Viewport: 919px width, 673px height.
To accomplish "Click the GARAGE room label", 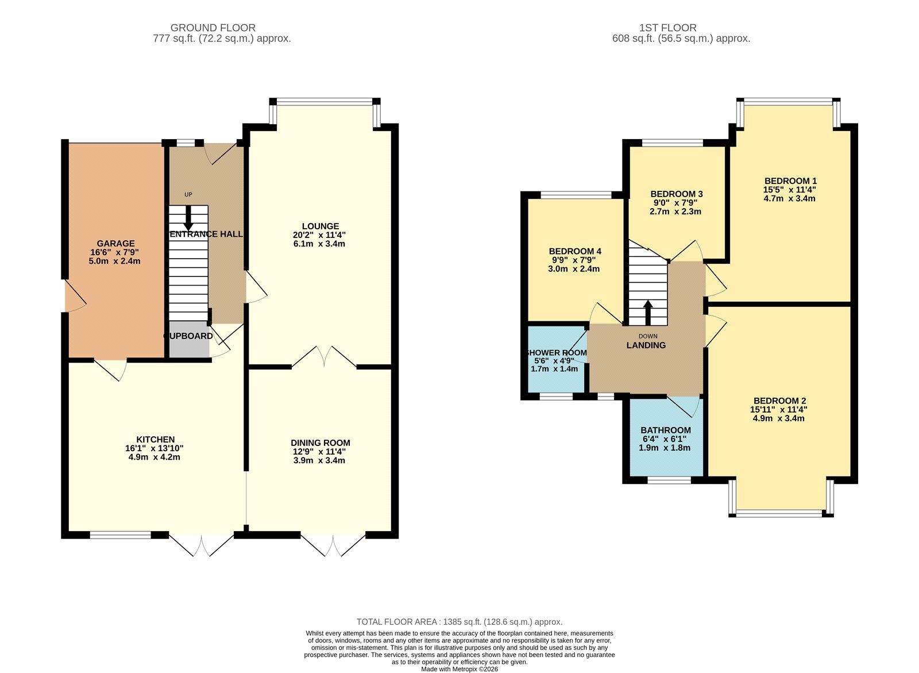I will click(x=115, y=244).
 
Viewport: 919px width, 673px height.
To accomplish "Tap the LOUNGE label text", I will click(x=321, y=226).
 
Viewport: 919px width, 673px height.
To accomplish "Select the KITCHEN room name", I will click(x=155, y=440).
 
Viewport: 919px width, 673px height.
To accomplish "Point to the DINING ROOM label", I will click(x=320, y=443).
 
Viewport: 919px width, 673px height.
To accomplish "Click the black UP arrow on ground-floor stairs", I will click(x=188, y=218).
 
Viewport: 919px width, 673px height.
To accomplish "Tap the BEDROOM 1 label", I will click(x=790, y=180).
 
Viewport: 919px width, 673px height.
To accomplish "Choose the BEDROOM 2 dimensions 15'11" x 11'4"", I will click(x=778, y=410).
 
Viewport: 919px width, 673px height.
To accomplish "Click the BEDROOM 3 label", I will click(x=676, y=194).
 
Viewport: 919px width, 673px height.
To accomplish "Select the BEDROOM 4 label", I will click(x=574, y=251).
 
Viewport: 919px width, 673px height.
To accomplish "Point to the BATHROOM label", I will click(x=665, y=430).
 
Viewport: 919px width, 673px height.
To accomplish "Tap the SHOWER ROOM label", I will click(x=557, y=353).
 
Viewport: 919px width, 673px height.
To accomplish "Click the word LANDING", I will click(x=646, y=345).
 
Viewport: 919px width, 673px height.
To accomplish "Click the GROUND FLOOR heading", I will click(x=213, y=28).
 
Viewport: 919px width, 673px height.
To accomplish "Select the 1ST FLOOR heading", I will click(x=667, y=28).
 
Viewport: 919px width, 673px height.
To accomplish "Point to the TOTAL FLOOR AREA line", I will click(x=459, y=622).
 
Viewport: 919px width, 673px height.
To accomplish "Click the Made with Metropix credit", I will click(x=459, y=669).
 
